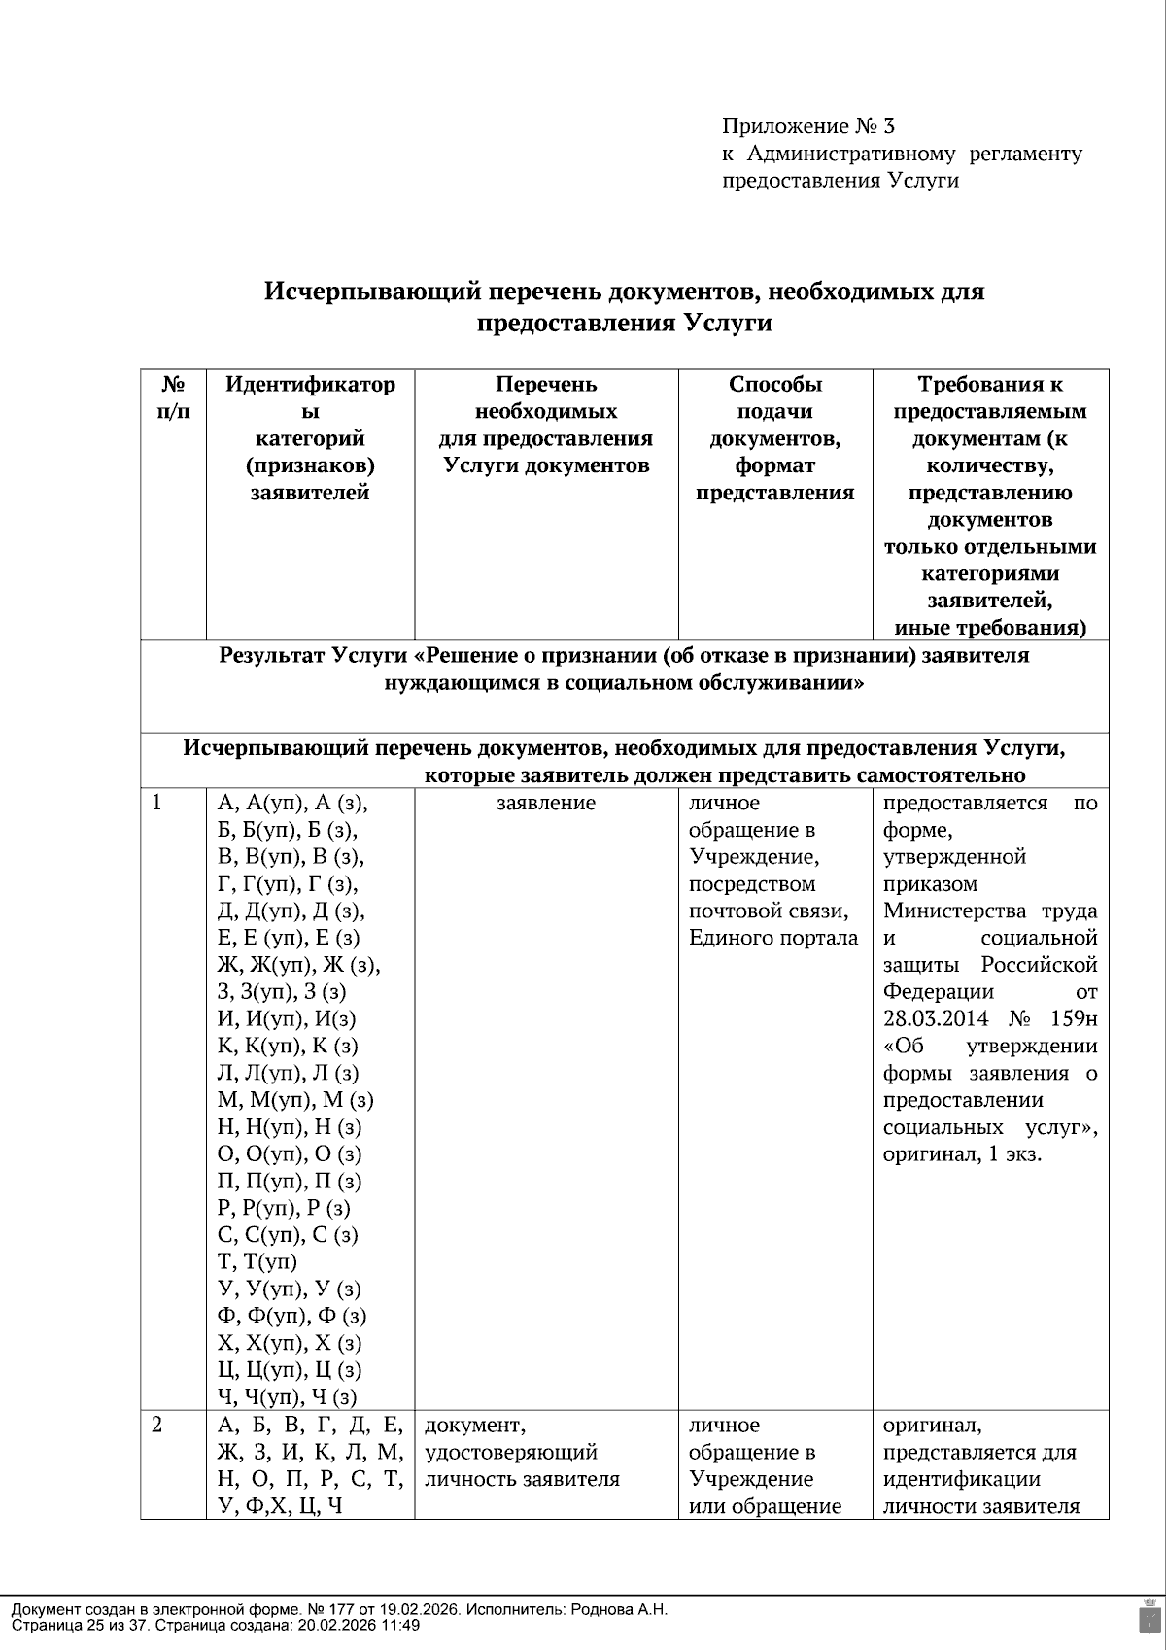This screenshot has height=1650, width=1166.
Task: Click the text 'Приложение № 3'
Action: coord(807,126)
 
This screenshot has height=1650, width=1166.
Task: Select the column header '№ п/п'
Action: coord(173,397)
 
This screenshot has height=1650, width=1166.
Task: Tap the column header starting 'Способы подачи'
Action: coord(774,437)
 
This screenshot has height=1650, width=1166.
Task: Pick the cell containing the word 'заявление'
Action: coord(546,804)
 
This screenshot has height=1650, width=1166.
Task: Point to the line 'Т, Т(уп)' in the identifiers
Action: coord(257,1262)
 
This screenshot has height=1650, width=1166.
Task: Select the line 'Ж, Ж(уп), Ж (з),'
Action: coord(298,966)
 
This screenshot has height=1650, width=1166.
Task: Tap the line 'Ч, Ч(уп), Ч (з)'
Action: coord(288,1397)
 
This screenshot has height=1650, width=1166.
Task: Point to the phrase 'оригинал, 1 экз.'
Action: coord(962,1154)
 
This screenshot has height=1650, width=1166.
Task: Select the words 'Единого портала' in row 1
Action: coord(773,939)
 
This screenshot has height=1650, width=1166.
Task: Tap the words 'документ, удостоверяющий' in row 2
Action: coord(511,1439)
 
